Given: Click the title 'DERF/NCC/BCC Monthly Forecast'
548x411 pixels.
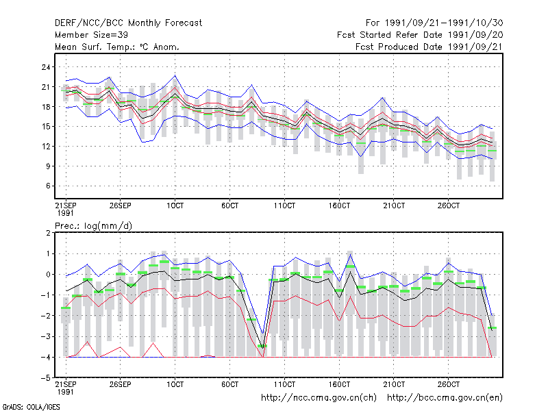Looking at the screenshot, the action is tap(128, 23).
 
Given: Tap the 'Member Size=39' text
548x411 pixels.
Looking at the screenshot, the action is tap(91, 35).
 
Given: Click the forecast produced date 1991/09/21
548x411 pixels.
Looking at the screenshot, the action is tap(475, 47).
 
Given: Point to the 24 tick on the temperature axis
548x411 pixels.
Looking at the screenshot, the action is tap(46, 67).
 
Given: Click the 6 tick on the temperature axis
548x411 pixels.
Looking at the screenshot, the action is tap(48, 186).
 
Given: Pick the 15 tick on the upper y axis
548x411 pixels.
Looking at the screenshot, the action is tap(46, 127).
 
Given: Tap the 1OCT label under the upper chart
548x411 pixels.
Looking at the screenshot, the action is tap(175, 206).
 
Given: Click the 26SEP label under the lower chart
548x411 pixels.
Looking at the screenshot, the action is tap(121, 384).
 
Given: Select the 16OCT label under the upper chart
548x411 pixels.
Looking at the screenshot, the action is tap(339, 206).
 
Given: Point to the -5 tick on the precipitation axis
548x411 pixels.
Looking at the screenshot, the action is tap(46, 378).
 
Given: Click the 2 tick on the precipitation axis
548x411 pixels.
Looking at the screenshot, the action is tap(48, 233).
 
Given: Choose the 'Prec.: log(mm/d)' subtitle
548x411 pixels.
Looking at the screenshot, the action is tap(93, 226).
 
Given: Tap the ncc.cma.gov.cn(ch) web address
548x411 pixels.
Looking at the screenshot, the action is tap(319, 398).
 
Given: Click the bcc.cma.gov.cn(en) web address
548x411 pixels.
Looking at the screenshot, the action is tap(445, 398).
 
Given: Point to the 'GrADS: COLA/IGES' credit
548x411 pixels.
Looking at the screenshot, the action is tap(31, 407).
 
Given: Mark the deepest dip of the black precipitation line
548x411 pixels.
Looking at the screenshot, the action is tap(262, 349).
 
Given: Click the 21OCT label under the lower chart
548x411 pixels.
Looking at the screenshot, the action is tap(394, 384).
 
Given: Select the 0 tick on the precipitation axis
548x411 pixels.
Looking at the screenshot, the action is tap(48, 275).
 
